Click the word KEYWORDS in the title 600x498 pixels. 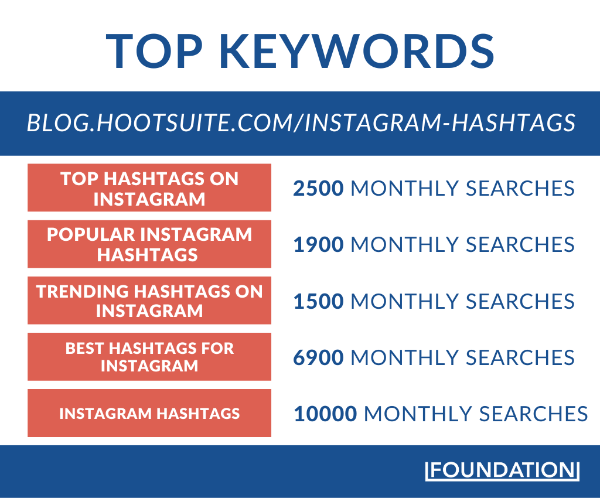click(x=357, y=51)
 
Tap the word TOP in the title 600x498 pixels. click(x=154, y=51)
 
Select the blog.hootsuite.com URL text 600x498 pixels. click(x=301, y=123)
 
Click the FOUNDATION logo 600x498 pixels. click(x=502, y=470)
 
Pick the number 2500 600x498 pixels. click(x=318, y=188)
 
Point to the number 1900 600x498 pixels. click(x=318, y=244)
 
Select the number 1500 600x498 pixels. click(x=318, y=301)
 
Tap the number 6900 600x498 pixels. click(x=318, y=357)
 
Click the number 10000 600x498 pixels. click(x=325, y=414)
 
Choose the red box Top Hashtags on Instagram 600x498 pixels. click(x=149, y=187)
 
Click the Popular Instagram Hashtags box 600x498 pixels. click(x=149, y=244)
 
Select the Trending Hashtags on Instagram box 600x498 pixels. click(x=149, y=300)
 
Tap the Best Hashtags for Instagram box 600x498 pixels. click(x=149, y=357)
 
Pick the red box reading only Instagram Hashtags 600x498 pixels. click(x=149, y=413)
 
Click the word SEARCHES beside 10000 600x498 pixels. click(x=533, y=414)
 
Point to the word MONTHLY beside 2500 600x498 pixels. click(x=404, y=188)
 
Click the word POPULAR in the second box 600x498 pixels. click(x=91, y=234)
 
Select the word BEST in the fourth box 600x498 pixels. click(x=84, y=349)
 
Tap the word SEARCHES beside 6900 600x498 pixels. click(x=520, y=357)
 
